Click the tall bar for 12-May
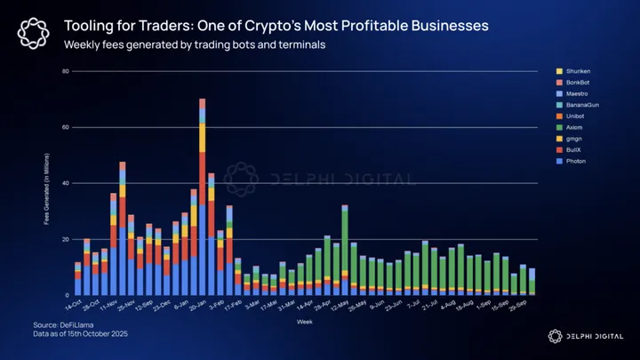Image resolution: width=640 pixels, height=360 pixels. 344,249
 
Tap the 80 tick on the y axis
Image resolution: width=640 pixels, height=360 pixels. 65,71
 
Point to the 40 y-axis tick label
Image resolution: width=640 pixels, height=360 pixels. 65,183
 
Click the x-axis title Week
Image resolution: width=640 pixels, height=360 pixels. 305,322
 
